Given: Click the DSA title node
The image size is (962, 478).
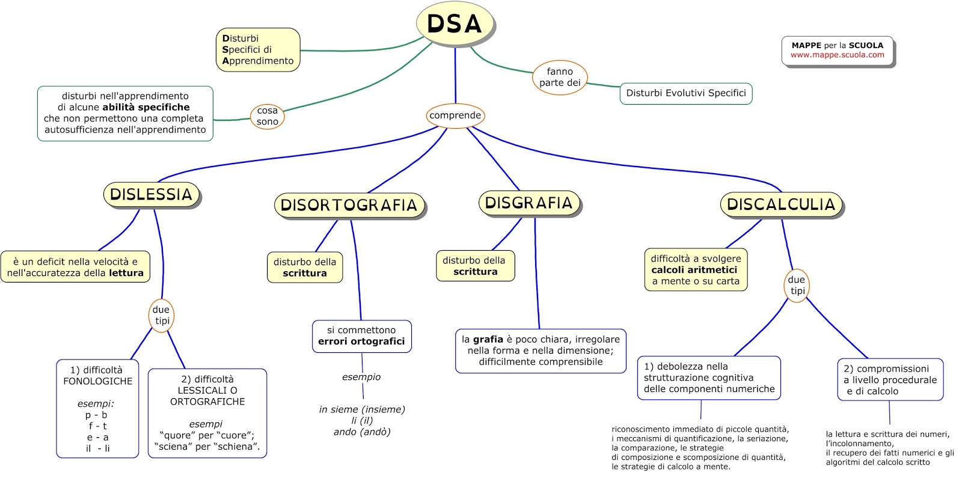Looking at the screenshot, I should [x=455, y=24].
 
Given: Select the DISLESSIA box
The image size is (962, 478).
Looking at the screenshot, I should [x=151, y=195].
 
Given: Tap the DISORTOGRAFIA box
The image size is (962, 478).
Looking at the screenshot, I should [x=349, y=205].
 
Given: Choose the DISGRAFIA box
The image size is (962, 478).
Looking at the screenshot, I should [x=529, y=203].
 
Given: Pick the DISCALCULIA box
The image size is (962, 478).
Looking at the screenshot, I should [x=781, y=204].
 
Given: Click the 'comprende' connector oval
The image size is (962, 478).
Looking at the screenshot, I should [x=455, y=115].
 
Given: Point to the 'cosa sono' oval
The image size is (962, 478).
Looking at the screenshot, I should [x=267, y=116].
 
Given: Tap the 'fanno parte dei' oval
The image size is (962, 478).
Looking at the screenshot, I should [x=560, y=78].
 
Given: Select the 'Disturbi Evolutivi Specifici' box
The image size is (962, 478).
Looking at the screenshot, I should [x=686, y=93].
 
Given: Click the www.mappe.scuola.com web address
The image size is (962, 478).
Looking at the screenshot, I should [x=838, y=55].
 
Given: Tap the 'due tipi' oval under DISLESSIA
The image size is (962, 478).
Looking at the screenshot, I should [x=162, y=315].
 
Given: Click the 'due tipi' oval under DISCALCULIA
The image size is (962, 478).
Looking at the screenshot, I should [x=797, y=285].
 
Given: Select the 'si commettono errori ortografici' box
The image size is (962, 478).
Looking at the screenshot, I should [x=361, y=336].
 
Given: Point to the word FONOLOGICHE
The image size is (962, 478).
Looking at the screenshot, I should [x=98, y=381].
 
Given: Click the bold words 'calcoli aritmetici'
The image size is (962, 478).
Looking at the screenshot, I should [x=694, y=270].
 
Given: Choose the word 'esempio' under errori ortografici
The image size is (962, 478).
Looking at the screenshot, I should [x=361, y=377].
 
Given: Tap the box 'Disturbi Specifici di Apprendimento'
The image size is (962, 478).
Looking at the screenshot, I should [x=258, y=50].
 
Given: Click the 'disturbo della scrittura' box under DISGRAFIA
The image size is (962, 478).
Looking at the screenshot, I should [x=475, y=266].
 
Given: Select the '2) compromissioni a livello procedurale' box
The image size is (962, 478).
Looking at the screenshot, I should [x=890, y=379].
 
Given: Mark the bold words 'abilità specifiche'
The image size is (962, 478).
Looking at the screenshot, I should [x=146, y=107].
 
